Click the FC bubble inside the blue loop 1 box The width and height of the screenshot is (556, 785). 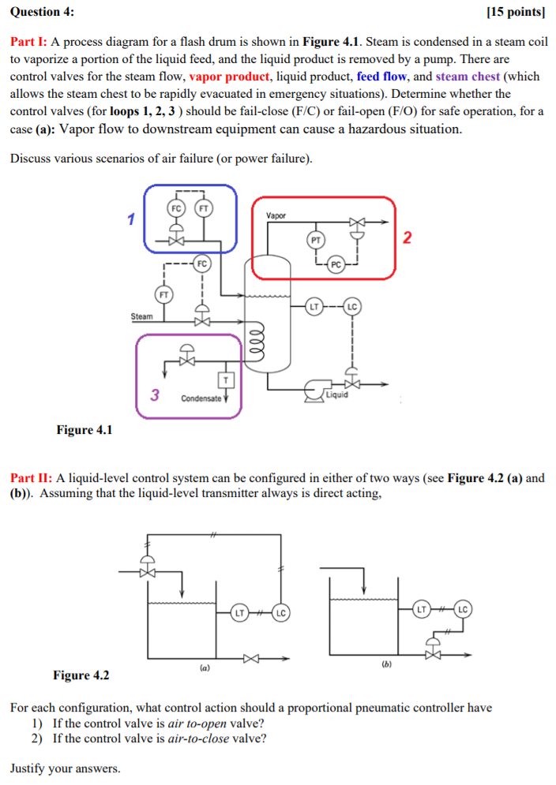point(176,208)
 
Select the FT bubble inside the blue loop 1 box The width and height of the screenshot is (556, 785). point(203,208)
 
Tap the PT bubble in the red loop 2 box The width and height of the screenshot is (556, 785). point(315,239)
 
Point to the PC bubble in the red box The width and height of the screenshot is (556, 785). point(336,265)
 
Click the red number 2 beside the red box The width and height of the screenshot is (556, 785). point(407,238)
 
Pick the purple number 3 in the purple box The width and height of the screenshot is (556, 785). point(156,395)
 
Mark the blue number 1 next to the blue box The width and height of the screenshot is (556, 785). point(132,218)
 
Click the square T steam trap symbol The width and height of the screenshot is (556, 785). point(226,380)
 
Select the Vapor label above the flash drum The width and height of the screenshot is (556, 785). point(276,215)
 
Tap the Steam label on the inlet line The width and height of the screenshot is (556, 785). point(141,316)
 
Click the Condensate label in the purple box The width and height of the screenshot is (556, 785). point(200,398)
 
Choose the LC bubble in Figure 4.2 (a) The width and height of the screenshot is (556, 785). point(280,611)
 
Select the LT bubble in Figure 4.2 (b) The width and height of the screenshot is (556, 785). point(423,608)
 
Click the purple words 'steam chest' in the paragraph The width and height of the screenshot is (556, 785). point(467,77)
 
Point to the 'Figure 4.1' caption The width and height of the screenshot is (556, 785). point(84,430)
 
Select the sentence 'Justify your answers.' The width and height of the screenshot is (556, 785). point(66,768)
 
